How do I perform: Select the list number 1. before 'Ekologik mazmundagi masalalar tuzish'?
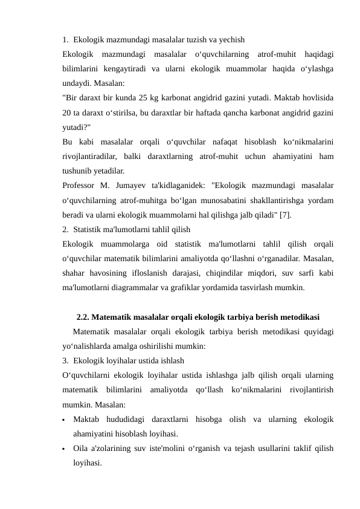tap(65, 40)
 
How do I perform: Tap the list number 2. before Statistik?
tap(65, 229)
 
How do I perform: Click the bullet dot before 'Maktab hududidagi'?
tap(63, 420)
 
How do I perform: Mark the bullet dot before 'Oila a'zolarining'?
tap(63, 449)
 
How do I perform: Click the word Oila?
tap(80, 448)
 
